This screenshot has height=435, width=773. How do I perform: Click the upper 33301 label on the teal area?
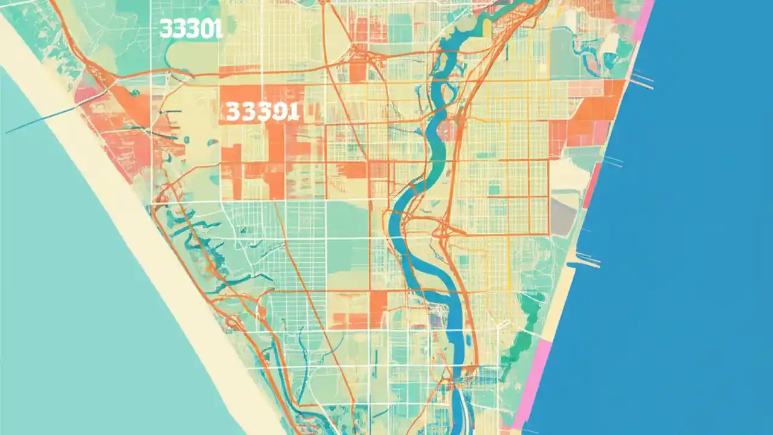coord(191,29)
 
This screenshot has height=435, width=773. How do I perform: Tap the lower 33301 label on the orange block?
coord(262,111)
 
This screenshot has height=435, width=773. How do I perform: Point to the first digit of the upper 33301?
coord(164,29)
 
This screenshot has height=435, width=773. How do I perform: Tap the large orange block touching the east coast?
coord(598,109)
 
